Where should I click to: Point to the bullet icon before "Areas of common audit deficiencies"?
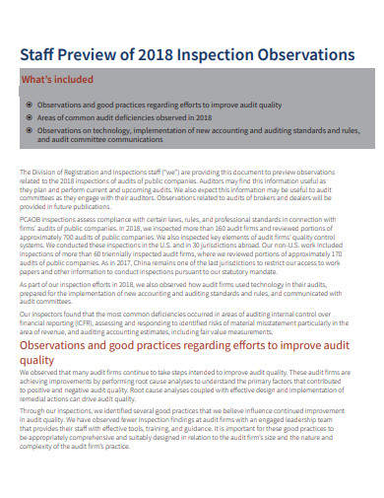[29, 116]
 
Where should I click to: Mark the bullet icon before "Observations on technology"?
[29, 129]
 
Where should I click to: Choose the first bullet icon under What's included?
[29, 105]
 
